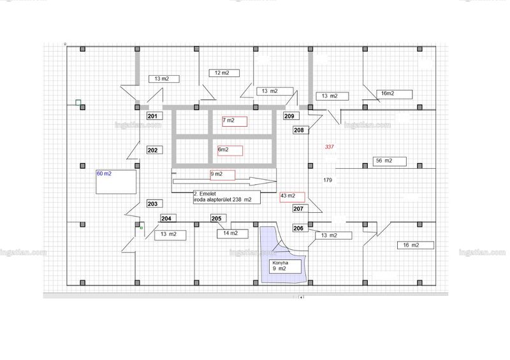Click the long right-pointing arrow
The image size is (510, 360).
click(225, 182)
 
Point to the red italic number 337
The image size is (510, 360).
click(329, 147)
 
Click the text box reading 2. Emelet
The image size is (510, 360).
click(227, 197)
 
